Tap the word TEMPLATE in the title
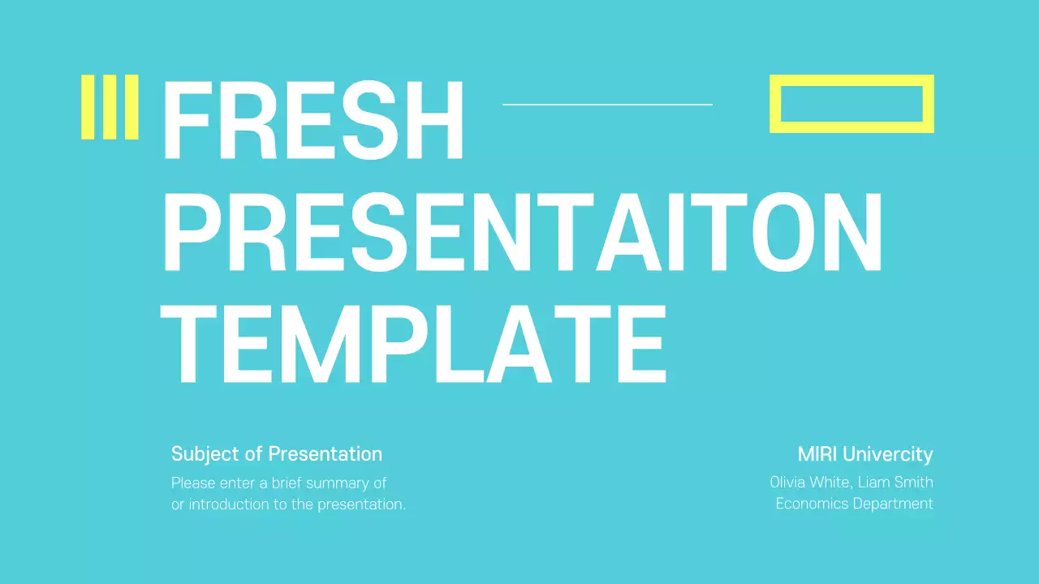(414, 344)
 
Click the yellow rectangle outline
(851, 80)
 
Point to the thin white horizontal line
(607, 105)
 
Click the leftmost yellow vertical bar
(87, 107)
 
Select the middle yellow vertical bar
(110, 107)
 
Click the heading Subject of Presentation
(276, 454)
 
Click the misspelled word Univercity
(890, 454)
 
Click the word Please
(192, 483)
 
